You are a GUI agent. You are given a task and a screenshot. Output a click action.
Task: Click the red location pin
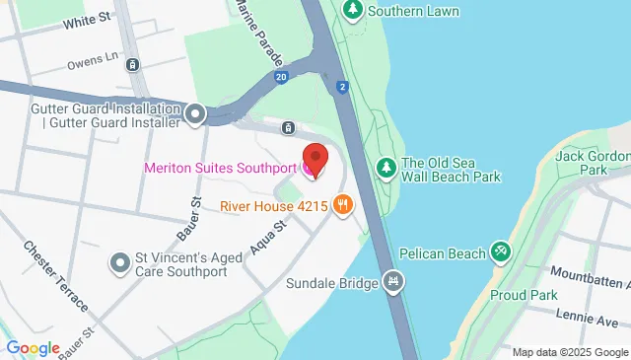[315, 158]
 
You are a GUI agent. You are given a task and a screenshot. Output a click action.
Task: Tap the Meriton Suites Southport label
[220, 168]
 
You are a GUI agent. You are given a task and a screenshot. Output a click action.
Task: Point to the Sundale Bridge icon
[395, 283]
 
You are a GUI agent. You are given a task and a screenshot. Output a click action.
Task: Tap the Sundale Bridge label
[332, 284]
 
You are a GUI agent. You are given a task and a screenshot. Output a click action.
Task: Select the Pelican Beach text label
[440, 254]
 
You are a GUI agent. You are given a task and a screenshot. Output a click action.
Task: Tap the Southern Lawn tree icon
[353, 10]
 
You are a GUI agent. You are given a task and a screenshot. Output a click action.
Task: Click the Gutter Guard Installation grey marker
[195, 115]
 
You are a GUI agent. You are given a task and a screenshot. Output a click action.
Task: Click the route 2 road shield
[341, 86]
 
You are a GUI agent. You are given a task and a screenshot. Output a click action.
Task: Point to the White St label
[86, 20]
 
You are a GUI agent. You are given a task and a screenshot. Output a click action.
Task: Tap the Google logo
[33, 347]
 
